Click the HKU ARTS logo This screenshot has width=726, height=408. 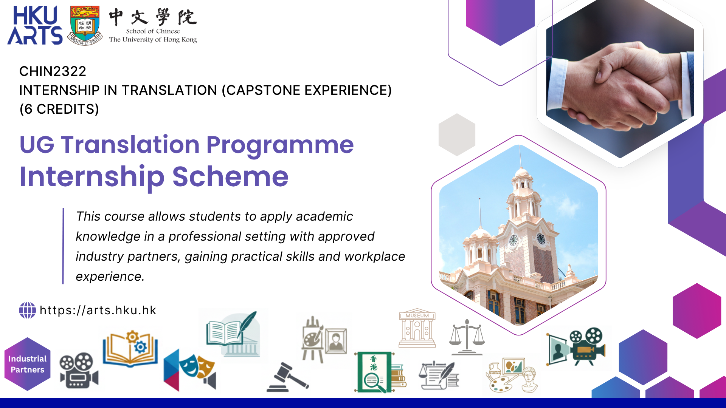[x=35, y=25]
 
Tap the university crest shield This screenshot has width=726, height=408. [x=85, y=25]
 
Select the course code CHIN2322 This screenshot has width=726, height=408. [x=53, y=71]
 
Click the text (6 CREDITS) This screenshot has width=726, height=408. [x=59, y=109]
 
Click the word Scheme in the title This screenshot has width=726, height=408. [x=230, y=176]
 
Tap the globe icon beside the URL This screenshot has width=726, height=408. [x=28, y=310]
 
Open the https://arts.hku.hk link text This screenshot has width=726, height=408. [x=98, y=310]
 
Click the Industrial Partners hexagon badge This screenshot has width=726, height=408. [x=27, y=364]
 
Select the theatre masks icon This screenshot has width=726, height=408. [x=190, y=370]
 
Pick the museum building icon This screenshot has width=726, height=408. [x=417, y=328]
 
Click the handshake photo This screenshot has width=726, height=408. [x=620, y=81]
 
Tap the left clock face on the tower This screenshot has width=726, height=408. [x=513, y=240]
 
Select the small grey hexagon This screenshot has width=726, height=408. [x=457, y=134]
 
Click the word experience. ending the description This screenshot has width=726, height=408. [x=110, y=277]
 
